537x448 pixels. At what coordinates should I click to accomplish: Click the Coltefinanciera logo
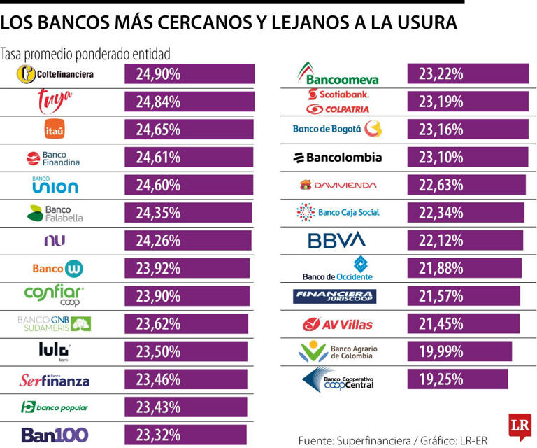tap(55, 73)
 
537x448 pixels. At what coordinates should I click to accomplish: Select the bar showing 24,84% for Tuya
tap(189, 101)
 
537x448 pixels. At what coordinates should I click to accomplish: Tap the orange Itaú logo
tap(55, 129)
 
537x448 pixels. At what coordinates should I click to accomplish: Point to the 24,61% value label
tap(159, 157)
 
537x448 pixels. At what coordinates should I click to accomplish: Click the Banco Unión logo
tap(55, 185)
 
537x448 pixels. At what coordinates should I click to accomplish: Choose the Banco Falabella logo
tap(55, 213)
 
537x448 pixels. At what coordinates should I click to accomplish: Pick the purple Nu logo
tap(55, 241)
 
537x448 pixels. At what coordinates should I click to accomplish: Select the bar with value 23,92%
tap(187, 268)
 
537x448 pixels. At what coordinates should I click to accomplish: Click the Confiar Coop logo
tap(55, 295)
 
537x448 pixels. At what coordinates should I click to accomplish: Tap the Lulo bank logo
tap(55, 351)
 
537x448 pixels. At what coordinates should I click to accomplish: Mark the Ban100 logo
tap(55, 435)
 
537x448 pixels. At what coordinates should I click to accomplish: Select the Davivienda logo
tap(338, 185)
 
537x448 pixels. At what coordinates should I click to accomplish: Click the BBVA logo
tap(337, 241)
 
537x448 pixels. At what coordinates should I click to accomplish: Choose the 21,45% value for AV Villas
tap(441, 323)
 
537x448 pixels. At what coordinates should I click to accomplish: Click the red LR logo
tap(520, 426)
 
